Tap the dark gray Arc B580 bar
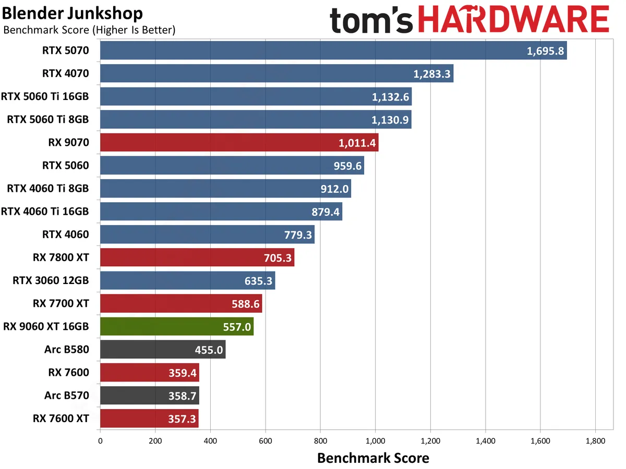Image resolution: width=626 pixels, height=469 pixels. (x=162, y=349)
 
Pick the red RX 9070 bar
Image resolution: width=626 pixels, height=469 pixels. (x=239, y=143)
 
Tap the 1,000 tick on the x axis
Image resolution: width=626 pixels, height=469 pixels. (x=375, y=440)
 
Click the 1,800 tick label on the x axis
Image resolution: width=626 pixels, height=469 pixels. (x=595, y=440)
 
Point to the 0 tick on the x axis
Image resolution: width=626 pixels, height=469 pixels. (x=100, y=440)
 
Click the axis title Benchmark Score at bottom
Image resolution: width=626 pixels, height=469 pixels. (x=373, y=458)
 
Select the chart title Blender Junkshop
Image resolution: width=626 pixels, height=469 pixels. (x=73, y=13)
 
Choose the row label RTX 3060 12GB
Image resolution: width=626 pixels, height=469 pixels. (x=51, y=280)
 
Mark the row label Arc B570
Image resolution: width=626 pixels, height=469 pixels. (x=67, y=396)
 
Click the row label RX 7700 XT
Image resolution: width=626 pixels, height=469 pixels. (x=61, y=303)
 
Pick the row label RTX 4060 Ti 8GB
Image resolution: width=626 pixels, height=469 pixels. (x=48, y=189)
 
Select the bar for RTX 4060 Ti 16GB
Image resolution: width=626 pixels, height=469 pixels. (x=221, y=212)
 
